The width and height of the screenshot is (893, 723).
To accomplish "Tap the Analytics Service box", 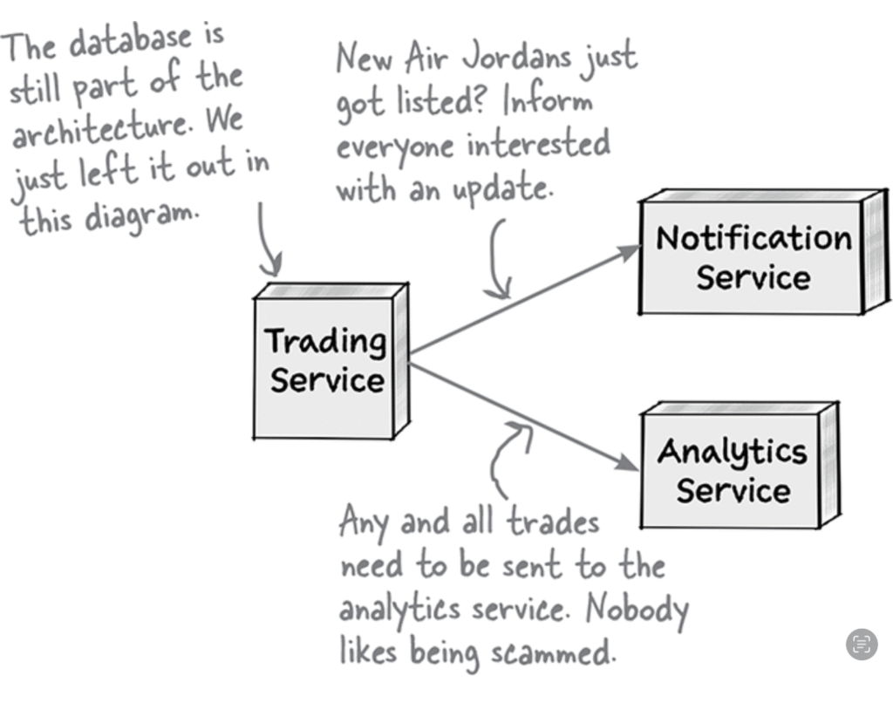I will (733, 470).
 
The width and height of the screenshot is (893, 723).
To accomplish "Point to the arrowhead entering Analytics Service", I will (628, 463).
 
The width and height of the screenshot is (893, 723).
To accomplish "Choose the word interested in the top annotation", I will (538, 144).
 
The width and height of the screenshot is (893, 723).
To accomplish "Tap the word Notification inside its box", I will (753, 238).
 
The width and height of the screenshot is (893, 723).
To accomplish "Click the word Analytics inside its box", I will (733, 451).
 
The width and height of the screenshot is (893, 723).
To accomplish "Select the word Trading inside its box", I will (324, 341).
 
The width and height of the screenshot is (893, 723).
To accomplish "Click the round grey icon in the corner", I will (862, 645).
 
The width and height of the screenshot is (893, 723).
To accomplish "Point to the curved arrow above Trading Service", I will (268, 240).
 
